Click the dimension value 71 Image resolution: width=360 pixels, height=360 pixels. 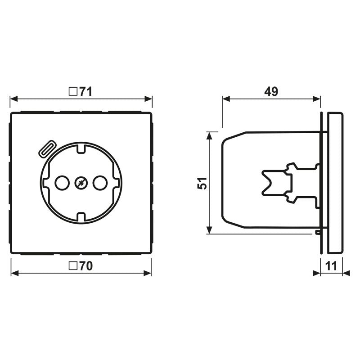(x=85, y=92)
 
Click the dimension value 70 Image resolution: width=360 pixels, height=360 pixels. (x=85, y=266)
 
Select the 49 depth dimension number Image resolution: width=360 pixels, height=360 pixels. (x=271, y=92)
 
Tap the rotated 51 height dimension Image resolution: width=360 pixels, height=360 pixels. (x=203, y=183)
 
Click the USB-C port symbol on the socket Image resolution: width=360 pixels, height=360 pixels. (x=47, y=148)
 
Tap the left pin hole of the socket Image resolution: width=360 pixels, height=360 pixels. (x=61, y=183)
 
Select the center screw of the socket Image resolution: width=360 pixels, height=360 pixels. (x=81, y=183)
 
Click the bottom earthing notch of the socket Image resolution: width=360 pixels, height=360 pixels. (x=81, y=218)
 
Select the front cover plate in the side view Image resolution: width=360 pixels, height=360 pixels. (x=335, y=183)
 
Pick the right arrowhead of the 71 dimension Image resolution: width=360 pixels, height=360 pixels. (x=148, y=99)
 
